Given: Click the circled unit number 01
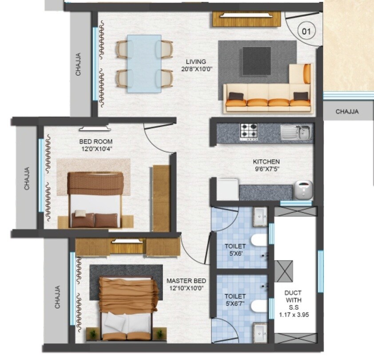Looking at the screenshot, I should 306,32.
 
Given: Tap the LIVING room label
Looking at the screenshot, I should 196,62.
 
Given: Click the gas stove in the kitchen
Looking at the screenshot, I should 249,131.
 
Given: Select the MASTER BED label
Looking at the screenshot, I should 186,281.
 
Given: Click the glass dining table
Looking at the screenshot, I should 144,63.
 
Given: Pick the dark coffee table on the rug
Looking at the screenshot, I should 256,60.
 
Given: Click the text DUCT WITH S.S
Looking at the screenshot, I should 294,300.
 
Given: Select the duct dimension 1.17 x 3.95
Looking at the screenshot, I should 294,314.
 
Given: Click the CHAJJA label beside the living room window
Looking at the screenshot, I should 78,65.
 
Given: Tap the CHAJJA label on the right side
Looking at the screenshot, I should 347,112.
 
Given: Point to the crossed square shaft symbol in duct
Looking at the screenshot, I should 284,270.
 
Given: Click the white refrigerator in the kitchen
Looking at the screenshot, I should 227,189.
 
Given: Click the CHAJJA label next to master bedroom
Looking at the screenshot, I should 57,297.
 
